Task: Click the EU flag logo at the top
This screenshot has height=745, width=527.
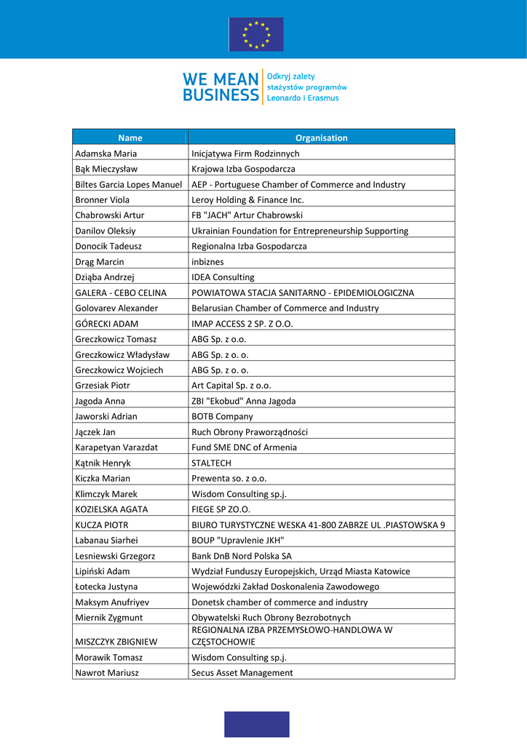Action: click(x=256, y=34)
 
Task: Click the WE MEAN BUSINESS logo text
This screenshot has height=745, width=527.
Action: click(x=221, y=87)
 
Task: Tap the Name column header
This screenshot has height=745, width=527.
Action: click(x=130, y=138)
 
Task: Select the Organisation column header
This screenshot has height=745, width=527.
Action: click(x=321, y=138)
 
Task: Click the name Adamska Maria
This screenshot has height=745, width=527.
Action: click(x=106, y=154)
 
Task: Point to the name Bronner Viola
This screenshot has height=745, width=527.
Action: click(x=102, y=199)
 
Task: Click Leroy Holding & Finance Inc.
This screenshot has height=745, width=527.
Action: click(x=247, y=199)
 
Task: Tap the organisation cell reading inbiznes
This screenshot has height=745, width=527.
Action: click(x=207, y=261)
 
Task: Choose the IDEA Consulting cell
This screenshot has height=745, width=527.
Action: click(x=223, y=277)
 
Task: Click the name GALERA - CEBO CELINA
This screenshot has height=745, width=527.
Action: click(x=121, y=292)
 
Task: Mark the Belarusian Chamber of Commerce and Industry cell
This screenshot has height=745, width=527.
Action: click(x=285, y=308)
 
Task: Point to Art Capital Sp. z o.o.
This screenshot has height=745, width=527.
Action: click(x=231, y=386)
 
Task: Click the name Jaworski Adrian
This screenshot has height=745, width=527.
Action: click(x=106, y=416)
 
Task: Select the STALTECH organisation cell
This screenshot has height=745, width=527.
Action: click(x=211, y=463)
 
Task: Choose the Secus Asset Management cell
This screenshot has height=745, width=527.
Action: click(x=242, y=672)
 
